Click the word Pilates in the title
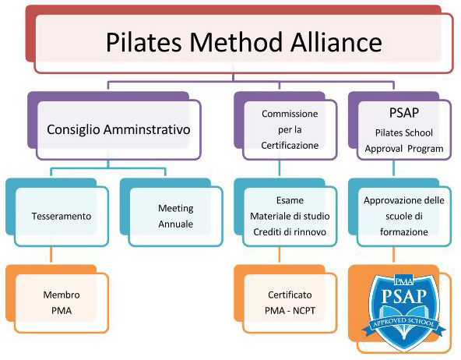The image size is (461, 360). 143,42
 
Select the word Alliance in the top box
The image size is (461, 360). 336,42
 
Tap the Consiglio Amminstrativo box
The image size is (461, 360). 118,129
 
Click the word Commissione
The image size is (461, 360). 290,114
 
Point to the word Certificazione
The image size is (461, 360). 290,145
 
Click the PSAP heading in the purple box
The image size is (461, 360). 404,113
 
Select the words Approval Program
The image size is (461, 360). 404,149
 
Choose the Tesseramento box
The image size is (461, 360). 62,217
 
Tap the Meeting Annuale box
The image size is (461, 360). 175,217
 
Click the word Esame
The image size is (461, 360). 290,200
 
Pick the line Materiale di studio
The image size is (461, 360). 290,217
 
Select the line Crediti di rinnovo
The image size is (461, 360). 290,232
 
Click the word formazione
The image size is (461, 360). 404,232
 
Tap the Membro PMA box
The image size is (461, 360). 62,303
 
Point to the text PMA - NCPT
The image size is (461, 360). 290,311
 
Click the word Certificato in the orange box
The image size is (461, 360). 290,295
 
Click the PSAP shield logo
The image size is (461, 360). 404,312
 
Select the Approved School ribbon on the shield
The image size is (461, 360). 404,326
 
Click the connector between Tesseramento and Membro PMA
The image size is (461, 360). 51,254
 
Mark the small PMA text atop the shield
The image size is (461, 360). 404,281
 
